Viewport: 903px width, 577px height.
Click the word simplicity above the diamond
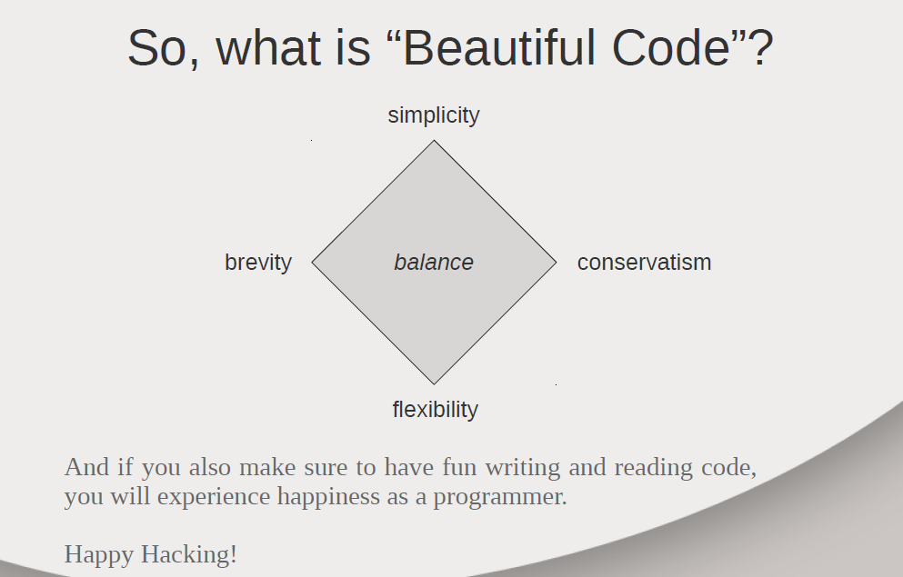(434, 115)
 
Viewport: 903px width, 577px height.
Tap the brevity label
(258, 263)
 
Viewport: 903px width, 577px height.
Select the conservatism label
(645, 263)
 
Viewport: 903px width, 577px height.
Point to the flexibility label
(436, 410)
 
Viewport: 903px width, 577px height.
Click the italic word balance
(434, 263)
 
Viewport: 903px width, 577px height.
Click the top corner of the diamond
(435, 140)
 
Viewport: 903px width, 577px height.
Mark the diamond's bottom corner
(435, 383)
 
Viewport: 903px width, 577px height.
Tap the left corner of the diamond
(312, 263)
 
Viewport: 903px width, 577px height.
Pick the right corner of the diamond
(557, 263)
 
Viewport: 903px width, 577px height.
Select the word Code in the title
(671, 48)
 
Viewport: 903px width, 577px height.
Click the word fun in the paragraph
(459, 466)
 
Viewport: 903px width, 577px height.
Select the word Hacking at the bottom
(189, 555)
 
